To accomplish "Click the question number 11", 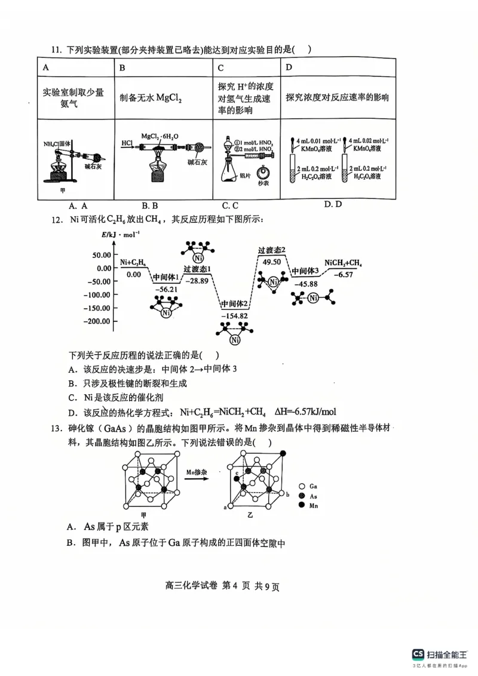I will coord(56,50).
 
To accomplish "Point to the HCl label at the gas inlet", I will coord(127,144).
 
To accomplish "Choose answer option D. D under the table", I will coord(333,204).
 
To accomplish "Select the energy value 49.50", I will coord(271,261).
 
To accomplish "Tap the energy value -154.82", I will coord(234,315).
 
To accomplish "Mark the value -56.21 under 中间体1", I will coord(166,288).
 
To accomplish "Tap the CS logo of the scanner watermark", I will coord(417,655).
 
